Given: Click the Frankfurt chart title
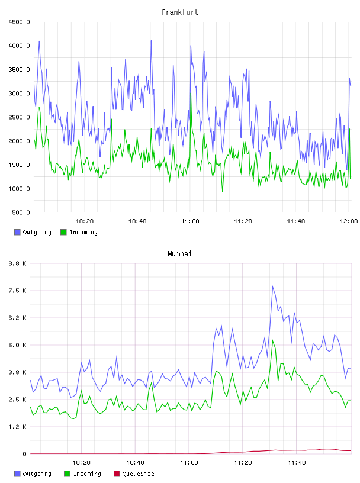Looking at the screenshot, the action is coord(180,12).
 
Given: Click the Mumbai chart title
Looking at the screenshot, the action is coord(179,254).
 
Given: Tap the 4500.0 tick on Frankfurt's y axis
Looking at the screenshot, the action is coord(19,22).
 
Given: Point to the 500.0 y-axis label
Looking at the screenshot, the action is coord(21,212).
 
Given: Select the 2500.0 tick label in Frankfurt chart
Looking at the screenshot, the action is coord(19,117).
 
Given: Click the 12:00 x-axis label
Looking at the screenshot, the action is coord(349,221).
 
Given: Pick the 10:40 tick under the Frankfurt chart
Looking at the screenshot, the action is coord(137,221).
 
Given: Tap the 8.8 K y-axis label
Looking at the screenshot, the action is coord(17,263).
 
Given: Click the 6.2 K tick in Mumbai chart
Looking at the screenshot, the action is coord(17,318).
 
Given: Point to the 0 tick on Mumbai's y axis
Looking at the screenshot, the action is coord(24,454).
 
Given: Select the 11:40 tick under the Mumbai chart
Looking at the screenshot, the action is coord(297,463).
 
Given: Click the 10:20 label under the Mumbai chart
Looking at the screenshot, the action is coord(81,463).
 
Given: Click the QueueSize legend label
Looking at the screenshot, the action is coord(138,474).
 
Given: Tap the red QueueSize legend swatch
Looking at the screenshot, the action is coord(117,474).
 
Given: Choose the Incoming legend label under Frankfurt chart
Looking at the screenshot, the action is coord(83,232).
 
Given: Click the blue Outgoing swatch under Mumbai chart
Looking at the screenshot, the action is coord(17,474).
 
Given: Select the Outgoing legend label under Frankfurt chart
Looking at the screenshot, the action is coord(37,232).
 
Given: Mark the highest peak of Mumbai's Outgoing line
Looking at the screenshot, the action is coord(272,286).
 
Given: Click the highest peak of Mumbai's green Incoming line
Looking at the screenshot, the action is coord(272,340).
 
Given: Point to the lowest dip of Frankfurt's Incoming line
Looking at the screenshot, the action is coord(223,192).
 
